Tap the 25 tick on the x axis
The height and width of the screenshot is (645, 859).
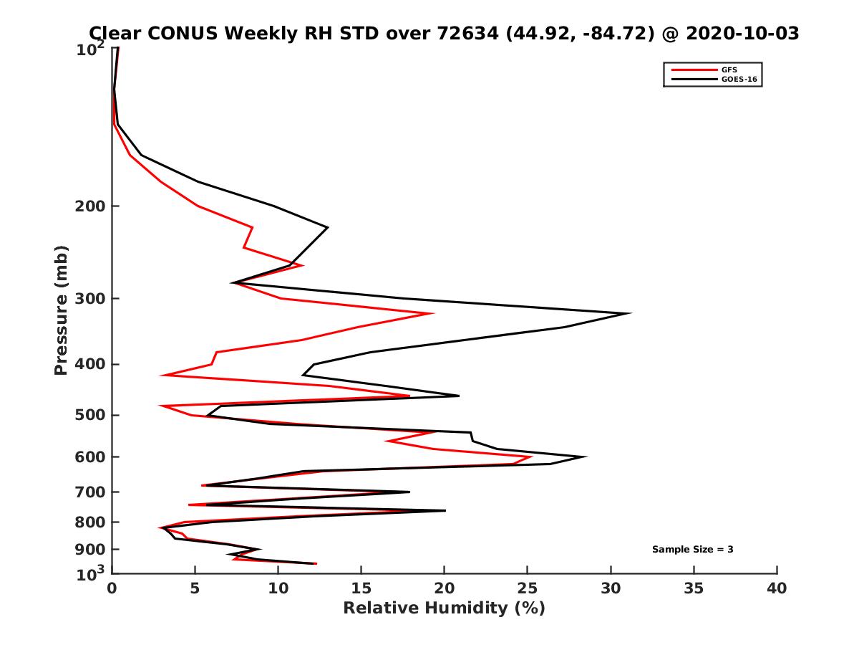tap(528, 588)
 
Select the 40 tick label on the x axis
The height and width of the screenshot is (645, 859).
tap(777, 588)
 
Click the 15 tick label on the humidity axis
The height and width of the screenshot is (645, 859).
tap(361, 588)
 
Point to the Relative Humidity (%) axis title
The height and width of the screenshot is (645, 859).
tap(444, 608)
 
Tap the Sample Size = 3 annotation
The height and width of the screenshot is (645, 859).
tap(692, 550)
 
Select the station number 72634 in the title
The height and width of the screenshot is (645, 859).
tap(463, 33)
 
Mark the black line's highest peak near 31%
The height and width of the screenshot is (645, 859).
tap(630, 313)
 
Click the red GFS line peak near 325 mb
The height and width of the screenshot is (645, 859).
tap(432, 313)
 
